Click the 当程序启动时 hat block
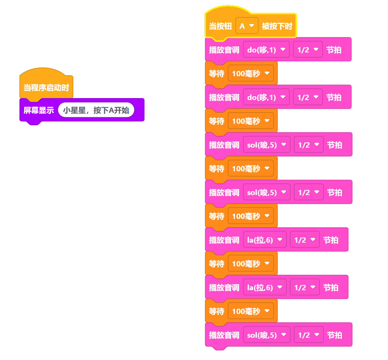coord(46,88)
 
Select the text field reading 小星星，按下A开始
coord(96,110)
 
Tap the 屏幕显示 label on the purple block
coord(39,110)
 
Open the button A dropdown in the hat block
coord(247,26)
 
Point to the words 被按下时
coord(277,26)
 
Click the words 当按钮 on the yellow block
coord(220,26)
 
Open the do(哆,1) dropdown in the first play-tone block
coord(266,49)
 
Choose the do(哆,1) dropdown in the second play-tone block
coord(266,97)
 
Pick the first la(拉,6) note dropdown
coord(264,240)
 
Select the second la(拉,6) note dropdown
coord(264,287)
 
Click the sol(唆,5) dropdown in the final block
coord(266,335)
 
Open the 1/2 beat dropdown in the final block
coord(308,335)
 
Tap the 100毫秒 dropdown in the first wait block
coord(250,73)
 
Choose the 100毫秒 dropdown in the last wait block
coord(250,311)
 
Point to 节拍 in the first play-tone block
coord(334,49)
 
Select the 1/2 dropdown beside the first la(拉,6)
coord(305,240)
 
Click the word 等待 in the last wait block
coord(216,311)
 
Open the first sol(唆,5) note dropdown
coord(266,145)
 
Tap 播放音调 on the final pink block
coord(224,335)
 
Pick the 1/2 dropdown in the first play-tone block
coord(308,49)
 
